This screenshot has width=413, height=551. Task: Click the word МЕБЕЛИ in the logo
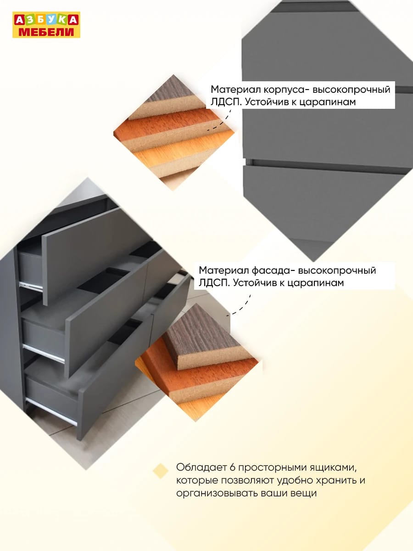[x=46, y=32]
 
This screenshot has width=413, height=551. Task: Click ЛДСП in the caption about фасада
[x=214, y=283]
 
